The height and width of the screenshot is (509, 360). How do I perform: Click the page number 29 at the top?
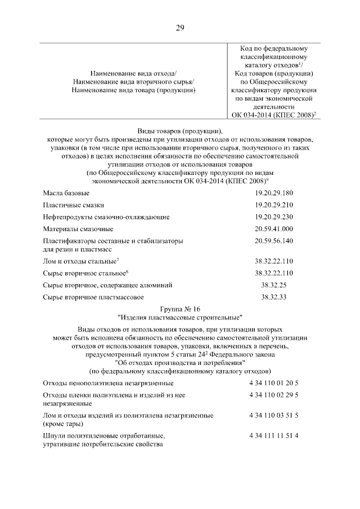[x=180, y=28]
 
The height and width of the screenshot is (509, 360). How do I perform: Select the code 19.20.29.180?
[x=274, y=193]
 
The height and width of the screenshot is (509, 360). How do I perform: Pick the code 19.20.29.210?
[x=274, y=205]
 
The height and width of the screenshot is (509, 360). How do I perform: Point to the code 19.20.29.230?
[x=274, y=217]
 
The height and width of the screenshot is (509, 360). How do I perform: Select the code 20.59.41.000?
[x=274, y=229]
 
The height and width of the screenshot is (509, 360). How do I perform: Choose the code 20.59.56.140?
[x=274, y=241]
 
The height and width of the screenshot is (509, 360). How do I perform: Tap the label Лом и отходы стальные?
[x=79, y=262]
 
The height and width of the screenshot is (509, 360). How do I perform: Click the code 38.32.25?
[x=274, y=285]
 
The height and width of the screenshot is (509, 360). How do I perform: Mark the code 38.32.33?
[x=274, y=296]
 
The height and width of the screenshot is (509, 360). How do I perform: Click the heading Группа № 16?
[x=180, y=308]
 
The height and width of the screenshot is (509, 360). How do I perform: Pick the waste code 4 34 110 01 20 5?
[x=274, y=383]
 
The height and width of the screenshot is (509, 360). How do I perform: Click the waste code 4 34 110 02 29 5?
[x=274, y=395]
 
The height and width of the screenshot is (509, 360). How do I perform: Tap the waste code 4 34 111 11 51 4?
[x=274, y=436]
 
